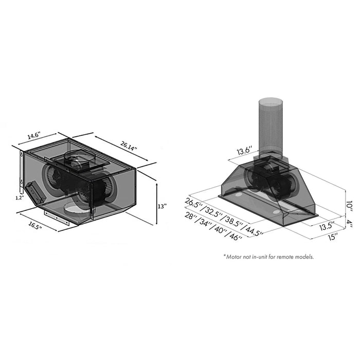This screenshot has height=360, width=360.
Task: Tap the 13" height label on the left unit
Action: (163, 206)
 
